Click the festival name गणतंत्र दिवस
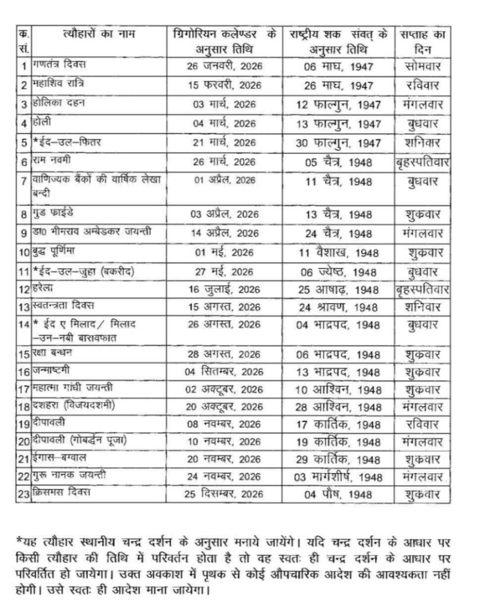61,64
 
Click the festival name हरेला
46,289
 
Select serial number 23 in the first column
23,494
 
